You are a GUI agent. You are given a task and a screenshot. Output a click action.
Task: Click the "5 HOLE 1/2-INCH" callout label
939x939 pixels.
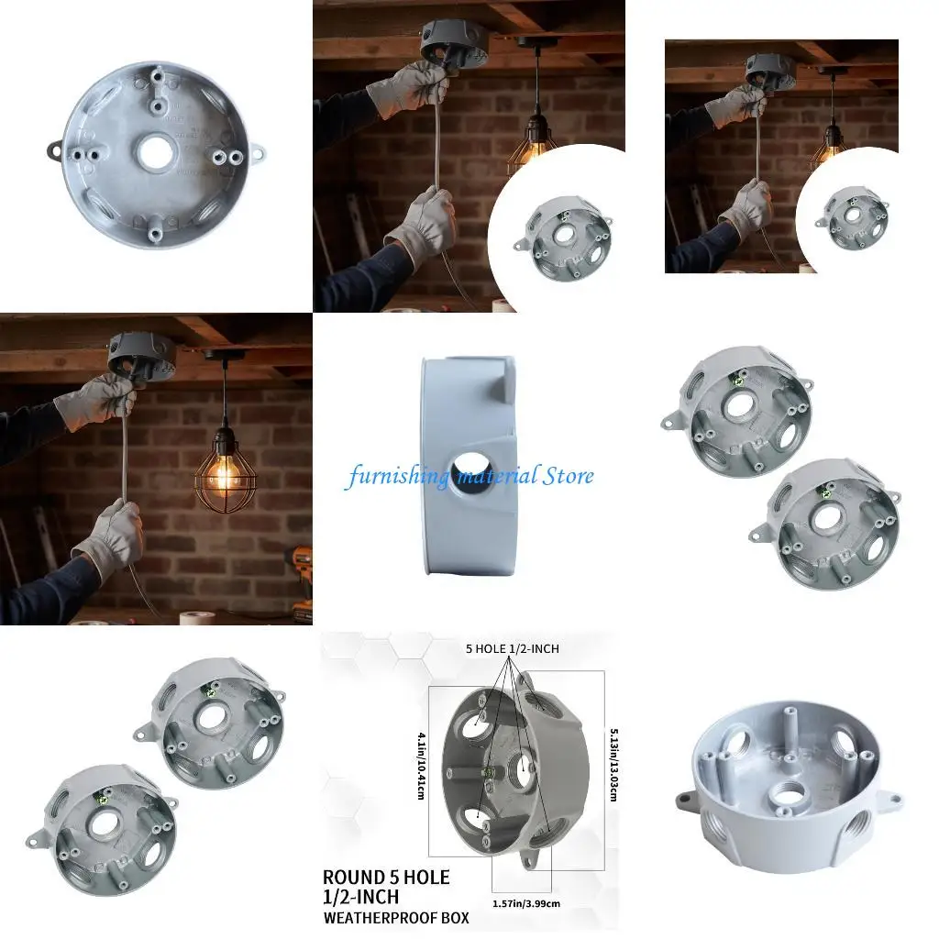[x=513, y=648]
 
